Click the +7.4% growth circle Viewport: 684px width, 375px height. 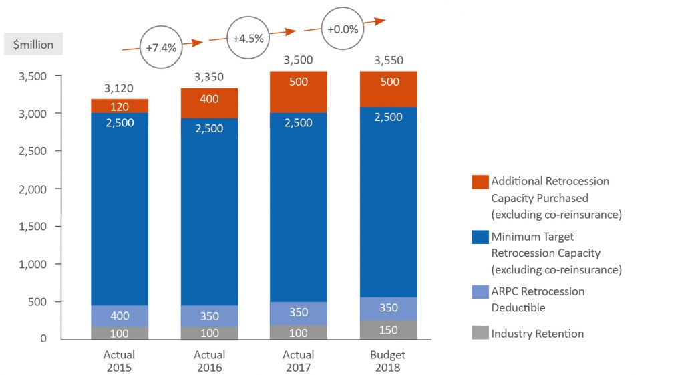tap(160, 48)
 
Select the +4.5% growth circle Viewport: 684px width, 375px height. tap(248, 38)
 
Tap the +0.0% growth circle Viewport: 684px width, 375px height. tap(343, 29)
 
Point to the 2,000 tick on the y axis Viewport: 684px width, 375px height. tap(32, 189)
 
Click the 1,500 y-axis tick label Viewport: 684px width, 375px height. tap(32, 227)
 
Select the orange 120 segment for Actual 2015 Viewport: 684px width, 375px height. tap(120, 106)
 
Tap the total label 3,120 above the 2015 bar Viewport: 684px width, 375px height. tap(119, 88)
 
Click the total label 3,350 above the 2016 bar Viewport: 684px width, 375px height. tap(209, 77)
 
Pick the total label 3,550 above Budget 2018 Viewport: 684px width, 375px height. tap(388, 60)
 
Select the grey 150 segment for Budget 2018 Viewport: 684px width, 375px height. tap(388, 330)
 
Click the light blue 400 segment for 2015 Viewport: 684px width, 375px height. tap(120, 316)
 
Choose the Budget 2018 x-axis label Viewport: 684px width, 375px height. tap(388, 361)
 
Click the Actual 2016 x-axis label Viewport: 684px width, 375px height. tap(209, 361)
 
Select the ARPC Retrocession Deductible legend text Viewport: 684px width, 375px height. tap(538, 299)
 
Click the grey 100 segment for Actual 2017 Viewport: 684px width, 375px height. tap(299, 332)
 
